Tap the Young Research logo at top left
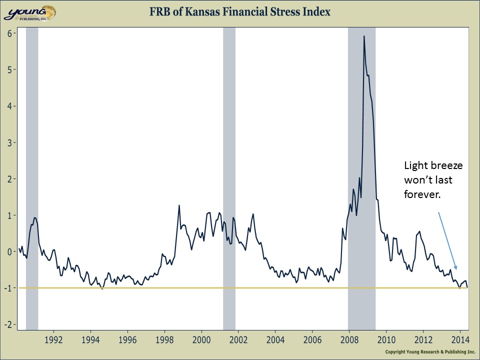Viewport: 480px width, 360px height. point(29,12)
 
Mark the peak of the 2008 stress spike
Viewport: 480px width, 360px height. point(364,36)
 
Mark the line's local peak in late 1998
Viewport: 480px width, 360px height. point(179,205)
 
